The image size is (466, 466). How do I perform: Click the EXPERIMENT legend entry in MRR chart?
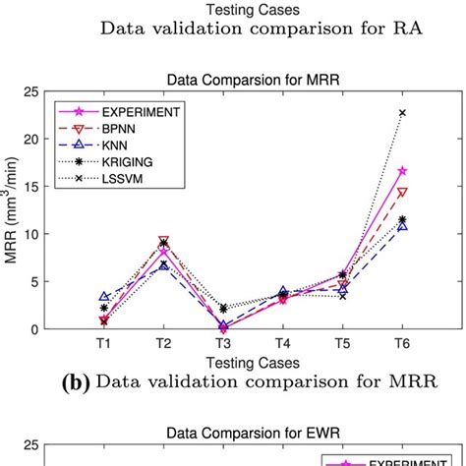coord(144,111)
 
